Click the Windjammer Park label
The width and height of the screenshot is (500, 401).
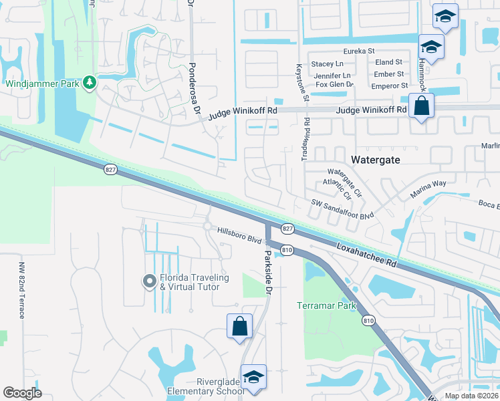(41, 84)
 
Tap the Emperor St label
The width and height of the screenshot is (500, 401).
(389, 86)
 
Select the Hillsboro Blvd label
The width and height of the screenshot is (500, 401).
(238, 235)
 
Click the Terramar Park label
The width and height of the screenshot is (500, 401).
(325, 306)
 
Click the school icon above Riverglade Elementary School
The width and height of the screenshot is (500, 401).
(253, 377)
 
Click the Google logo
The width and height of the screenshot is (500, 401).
(23, 392)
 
